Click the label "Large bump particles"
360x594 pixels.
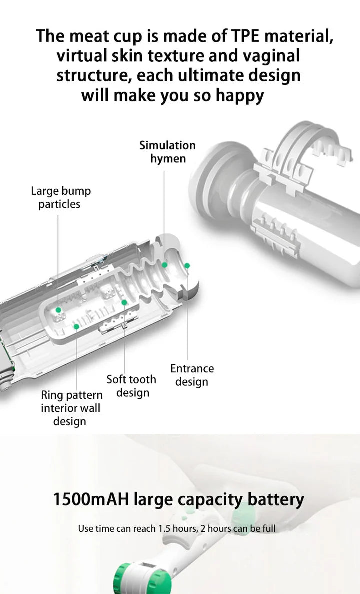[60, 197]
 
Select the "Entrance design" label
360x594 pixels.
[192, 375]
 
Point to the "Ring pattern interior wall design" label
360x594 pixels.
[71, 408]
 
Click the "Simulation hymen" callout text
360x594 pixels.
[167, 152]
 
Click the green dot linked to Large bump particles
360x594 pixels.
[58, 310]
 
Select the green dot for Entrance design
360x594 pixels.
[187, 265]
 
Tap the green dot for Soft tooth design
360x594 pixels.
[124, 302]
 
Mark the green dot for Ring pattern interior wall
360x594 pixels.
[76, 326]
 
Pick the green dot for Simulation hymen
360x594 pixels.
[164, 265]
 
